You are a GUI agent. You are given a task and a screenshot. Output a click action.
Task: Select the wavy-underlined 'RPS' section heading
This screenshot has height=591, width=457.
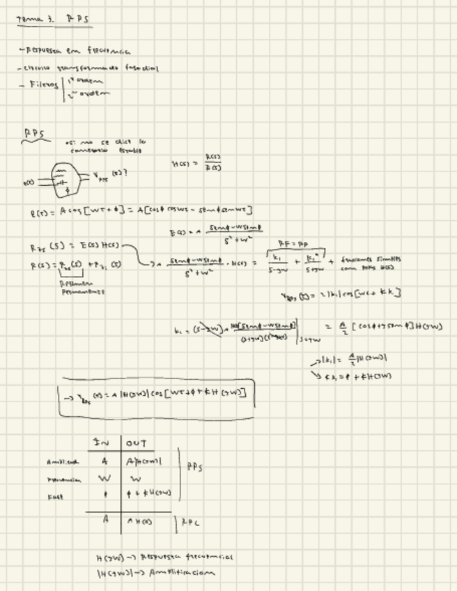pos(36,132)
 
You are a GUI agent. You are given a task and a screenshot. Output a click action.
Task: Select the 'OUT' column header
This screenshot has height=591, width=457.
pos(136,443)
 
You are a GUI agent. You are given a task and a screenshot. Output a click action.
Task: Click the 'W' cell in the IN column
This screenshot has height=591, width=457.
pos(104,478)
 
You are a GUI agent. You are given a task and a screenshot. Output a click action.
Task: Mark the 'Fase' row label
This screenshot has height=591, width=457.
pos(55,496)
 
